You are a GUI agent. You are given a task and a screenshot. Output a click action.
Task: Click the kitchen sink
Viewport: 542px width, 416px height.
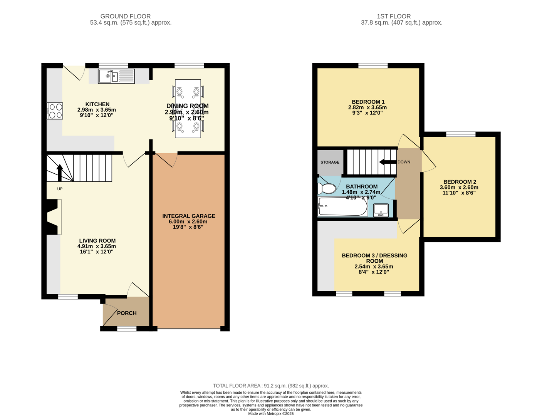[x=116, y=76]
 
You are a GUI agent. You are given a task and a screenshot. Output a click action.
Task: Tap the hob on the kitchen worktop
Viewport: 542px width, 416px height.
[x=55, y=111]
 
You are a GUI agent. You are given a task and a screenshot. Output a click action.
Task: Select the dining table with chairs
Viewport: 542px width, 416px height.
[x=188, y=109]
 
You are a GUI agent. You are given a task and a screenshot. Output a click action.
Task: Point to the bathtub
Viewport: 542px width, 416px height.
[x=342, y=207]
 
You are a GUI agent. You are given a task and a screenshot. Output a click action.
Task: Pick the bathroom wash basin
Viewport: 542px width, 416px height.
[x=381, y=210]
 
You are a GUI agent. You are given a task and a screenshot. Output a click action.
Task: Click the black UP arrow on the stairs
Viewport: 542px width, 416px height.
[x=60, y=172]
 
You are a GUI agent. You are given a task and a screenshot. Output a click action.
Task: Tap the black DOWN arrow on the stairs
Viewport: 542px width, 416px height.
[x=388, y=162]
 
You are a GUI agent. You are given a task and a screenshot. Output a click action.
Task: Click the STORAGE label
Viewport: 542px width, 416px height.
[x=330, y=162]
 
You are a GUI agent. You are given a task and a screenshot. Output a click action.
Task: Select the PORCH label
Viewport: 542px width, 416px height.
[x=127, y=313]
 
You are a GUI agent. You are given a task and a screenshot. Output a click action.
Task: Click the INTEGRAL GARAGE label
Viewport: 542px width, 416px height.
[x=189, y=216]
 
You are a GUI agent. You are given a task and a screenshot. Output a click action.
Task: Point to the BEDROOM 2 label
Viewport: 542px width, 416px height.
[x=460, y=182]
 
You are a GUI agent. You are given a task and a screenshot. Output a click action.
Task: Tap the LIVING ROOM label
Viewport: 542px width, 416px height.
[x=97, y=241]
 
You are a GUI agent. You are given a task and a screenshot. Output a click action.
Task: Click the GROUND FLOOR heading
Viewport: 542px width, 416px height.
[x=126, y=16]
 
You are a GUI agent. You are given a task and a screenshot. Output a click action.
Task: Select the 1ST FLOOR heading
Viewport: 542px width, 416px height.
[x=394, y=16]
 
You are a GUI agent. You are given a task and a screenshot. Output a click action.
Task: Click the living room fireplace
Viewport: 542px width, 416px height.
[x=54, y=217]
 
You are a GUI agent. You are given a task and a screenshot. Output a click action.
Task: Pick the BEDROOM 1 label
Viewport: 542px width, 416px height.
[x=368, y=102]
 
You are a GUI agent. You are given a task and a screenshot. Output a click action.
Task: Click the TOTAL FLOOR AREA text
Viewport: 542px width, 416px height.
[x=271, y=386]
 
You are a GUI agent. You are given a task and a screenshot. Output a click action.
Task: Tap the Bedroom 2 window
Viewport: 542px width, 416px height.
[x=461, y=134]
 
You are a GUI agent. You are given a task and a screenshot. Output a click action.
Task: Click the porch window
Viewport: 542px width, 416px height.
[x=127, y=329]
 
